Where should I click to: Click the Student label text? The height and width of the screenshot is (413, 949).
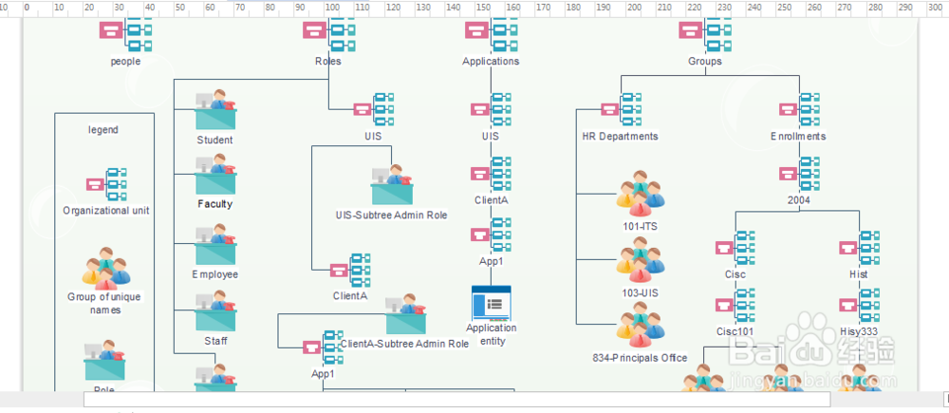[215, 141]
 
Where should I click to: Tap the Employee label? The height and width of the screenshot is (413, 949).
[215, 274]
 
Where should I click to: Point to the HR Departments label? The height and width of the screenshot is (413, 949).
[620, 136]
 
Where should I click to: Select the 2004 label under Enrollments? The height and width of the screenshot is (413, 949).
[798, 200]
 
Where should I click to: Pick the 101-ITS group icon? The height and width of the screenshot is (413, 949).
[641, 193]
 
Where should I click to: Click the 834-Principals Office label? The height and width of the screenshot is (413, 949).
[641, 358]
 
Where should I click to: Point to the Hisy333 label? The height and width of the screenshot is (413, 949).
[859, 331]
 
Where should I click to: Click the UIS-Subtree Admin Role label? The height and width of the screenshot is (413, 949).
[391, 216]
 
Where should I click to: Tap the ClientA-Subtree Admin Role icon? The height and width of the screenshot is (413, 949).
[405, 316]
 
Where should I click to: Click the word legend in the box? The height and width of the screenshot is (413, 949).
[103, 130]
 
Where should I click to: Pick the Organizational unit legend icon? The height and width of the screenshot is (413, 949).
[106, 183]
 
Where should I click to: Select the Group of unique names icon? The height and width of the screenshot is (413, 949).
[104, 268]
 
